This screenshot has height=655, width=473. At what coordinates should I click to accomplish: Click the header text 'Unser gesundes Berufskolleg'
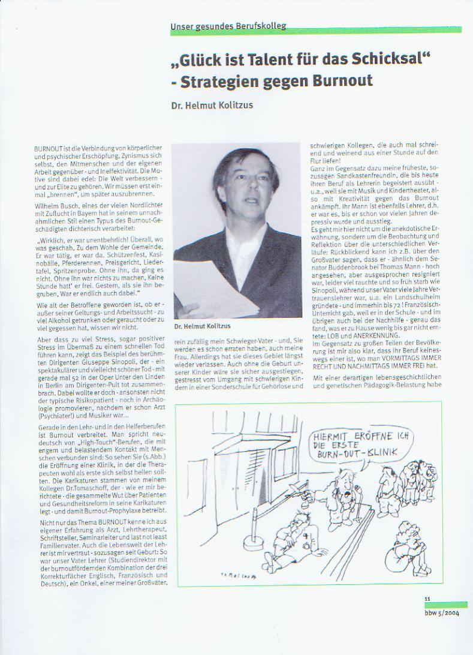click(x=228, y=26)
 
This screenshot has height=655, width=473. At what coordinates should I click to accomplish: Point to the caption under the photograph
click(x=203, y=327)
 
